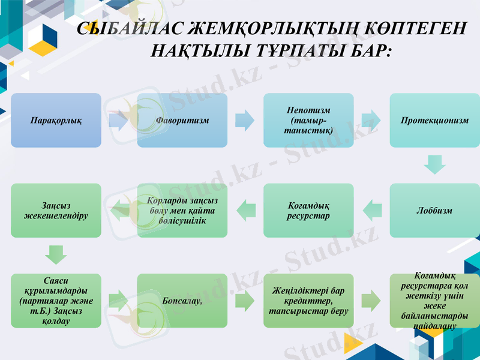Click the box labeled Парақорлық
point(56,120)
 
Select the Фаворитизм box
point(182,120)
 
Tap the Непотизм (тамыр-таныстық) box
point(308,120)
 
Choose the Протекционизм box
point(434,120)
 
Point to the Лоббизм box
point(434,210)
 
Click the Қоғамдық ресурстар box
point(308,210)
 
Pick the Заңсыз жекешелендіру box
point(56,210)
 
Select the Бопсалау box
point(182,300)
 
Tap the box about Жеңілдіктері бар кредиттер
point(308,300)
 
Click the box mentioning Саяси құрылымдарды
point(56,300)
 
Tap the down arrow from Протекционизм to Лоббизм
point(434,164)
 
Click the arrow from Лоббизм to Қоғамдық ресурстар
point(372,209)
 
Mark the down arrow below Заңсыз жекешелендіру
point(56,254)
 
